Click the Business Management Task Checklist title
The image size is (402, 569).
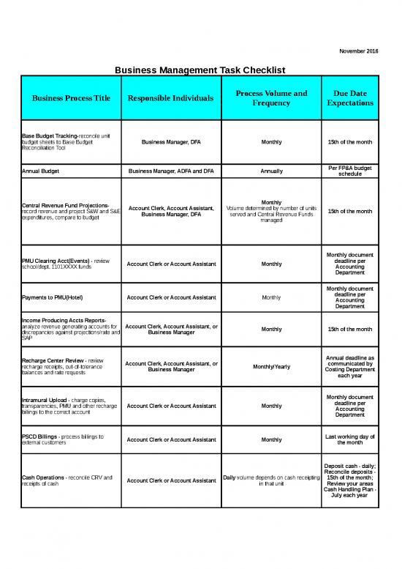(x=200, y=70)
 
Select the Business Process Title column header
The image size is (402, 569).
(x=70, y=98)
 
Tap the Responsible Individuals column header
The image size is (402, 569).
(x=170, y=98)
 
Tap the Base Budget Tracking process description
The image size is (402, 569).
(x=66, y=141)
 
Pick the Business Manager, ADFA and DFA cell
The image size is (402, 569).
(x=170, y=171)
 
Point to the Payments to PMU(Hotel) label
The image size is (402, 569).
(x=55, y=297)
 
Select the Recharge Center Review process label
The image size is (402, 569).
(x=66, y=366)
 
